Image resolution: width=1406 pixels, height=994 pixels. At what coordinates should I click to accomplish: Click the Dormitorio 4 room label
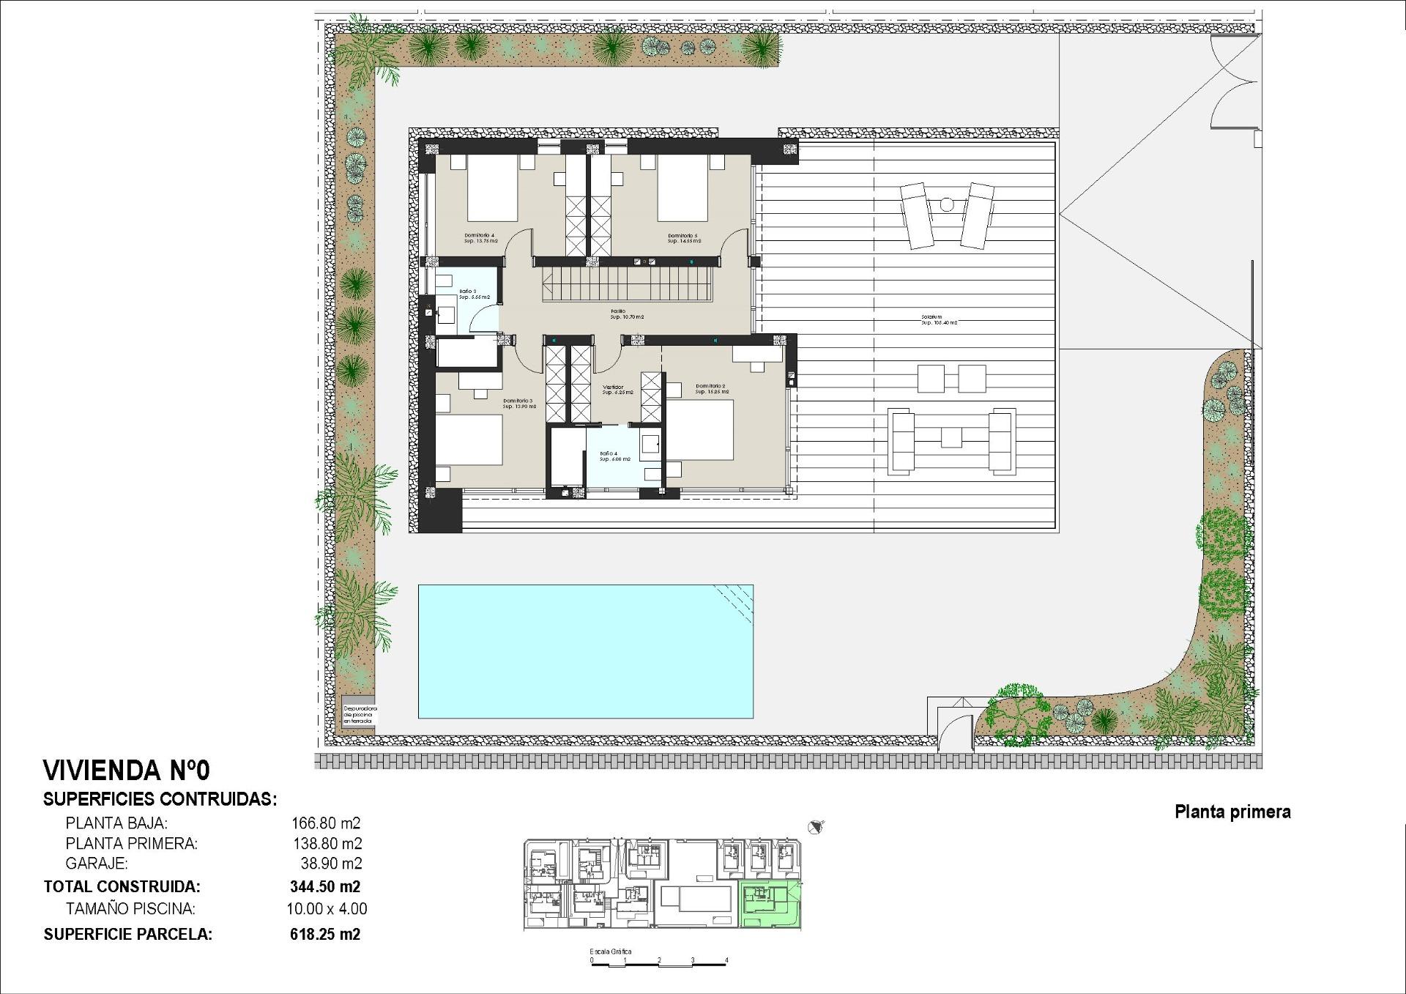coord(480,238)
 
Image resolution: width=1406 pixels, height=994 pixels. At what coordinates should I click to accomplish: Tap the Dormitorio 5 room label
coord(683,238)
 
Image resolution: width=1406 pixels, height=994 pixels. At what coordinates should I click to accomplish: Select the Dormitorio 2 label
coord(711,389)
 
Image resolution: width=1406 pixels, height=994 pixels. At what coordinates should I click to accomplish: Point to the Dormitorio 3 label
coord(518,403)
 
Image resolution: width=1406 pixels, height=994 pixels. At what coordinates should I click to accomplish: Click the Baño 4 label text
coord(614,456)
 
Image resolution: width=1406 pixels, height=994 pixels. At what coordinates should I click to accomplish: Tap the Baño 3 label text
coord(474,294)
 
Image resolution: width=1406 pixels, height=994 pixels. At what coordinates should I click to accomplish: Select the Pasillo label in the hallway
coord(627,314)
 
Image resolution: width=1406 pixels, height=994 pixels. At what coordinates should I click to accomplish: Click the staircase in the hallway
coord(627,283)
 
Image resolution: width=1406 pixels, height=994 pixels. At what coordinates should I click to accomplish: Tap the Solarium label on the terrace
coord(939,320)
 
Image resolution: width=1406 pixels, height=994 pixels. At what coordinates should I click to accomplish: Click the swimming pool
coord(585,651)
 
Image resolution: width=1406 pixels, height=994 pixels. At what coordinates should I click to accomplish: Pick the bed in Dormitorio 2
coord(700,431)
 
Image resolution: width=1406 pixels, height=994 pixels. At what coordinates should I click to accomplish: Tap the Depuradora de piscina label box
coord(359,715)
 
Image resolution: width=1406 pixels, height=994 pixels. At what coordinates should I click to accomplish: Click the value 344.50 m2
coord(325,886)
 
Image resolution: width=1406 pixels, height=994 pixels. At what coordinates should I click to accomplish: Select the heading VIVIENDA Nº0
coord(127,771)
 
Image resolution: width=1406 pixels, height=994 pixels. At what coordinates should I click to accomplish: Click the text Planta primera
coord(1232,812)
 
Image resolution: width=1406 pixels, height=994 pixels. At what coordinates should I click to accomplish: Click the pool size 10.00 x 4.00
coord(327,909)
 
